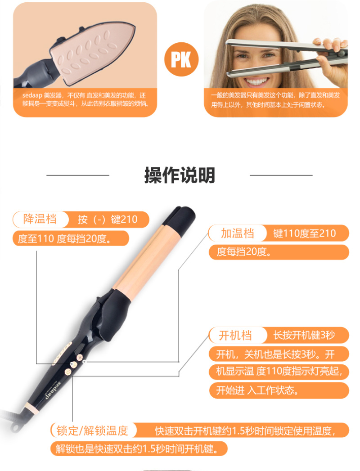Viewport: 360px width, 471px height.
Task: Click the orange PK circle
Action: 181,59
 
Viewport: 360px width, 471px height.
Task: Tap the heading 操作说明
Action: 180,175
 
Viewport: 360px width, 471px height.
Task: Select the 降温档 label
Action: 40,219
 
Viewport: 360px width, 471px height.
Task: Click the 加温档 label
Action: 238,233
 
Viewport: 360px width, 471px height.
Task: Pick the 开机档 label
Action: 235,335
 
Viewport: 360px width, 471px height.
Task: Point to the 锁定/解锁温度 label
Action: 92,431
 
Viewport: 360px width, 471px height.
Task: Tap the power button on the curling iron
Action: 68,372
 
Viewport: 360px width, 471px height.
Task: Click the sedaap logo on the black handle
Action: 54,390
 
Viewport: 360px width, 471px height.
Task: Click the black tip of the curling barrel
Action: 180,220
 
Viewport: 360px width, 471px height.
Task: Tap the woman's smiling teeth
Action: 256,81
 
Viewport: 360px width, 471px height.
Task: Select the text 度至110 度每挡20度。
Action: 64,239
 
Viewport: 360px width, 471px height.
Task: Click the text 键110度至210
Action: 304,233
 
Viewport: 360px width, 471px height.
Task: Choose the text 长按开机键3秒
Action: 304,335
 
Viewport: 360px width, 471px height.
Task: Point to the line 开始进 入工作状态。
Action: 257,390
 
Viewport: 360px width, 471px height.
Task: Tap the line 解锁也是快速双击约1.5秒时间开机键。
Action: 137,449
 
